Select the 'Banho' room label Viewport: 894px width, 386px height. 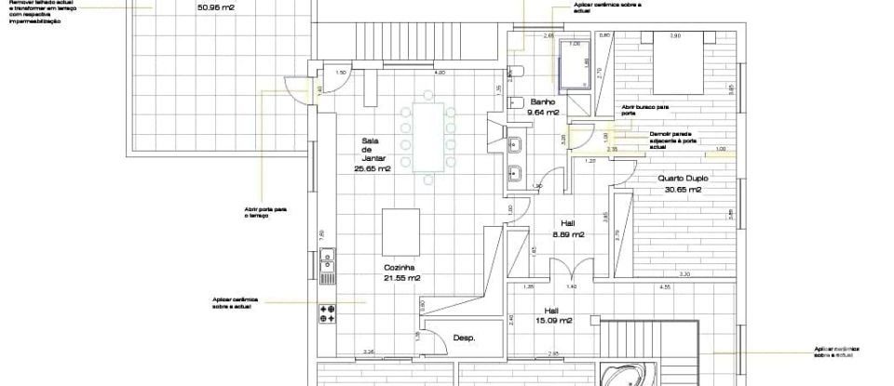pyautogui.click(x=543, y=101)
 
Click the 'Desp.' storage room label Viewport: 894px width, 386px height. pyautogui.click(x=464, y=339)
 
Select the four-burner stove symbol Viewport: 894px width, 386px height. pyautogui.click(x=327, y=313)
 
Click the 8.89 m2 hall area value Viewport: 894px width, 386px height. pyautogui.click(x=567, y=234)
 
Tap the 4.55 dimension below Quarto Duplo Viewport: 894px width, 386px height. pyautogui.click(x=665, y=287)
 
